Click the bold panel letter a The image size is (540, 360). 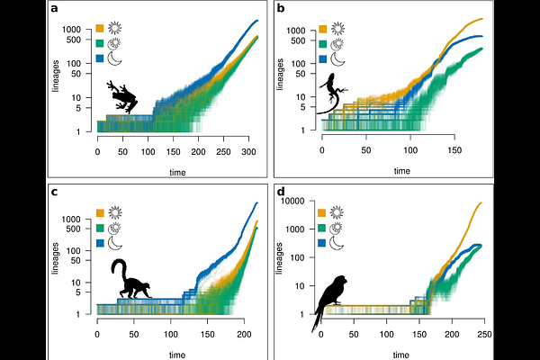55,9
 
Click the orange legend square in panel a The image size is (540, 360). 99,26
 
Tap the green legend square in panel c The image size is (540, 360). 99,227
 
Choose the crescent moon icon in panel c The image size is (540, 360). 114,242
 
